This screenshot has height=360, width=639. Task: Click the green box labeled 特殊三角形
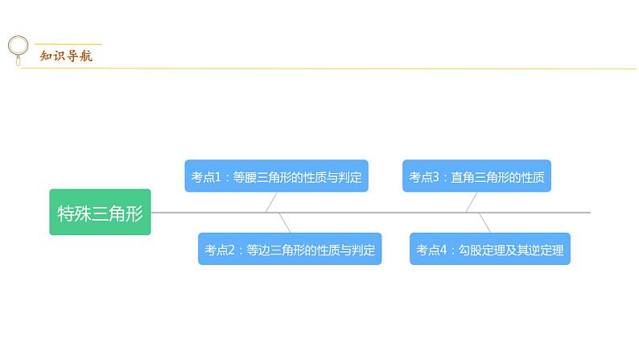(x=100, y=213)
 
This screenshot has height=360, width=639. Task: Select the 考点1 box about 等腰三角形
(x=276, y=176)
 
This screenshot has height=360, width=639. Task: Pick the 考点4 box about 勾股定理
(x=490, y=250)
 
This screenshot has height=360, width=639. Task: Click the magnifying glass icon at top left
(x=17, y=49)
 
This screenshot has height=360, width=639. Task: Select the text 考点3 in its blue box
(x=423, y=176)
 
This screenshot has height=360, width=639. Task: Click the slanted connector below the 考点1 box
(x=271, y=202)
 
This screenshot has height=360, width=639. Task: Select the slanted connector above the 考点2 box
(x=284, y=222)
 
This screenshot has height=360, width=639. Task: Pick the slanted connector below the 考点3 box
(x=471, y=202)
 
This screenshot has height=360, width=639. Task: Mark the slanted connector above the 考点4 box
(x=484, y=222)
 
